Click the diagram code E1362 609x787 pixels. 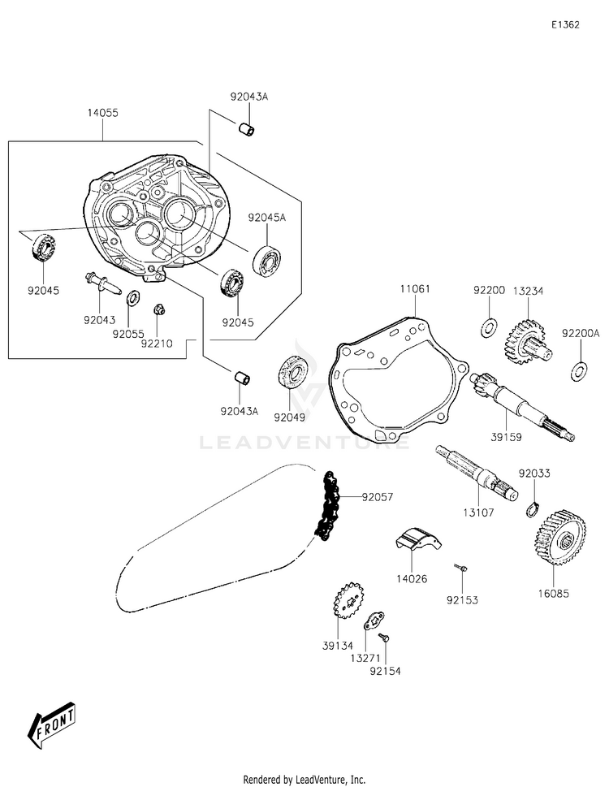coord(565,25)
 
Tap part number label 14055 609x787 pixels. coord(103,113)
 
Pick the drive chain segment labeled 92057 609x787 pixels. coord(327,506)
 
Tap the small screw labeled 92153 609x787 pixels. coord(461,568)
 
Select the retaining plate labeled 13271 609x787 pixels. coord(374,621)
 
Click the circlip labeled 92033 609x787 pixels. coord(534,509)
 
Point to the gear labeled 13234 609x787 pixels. coord(525,344)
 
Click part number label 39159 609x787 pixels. coord(506,437)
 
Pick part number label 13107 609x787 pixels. coord(478,512)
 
